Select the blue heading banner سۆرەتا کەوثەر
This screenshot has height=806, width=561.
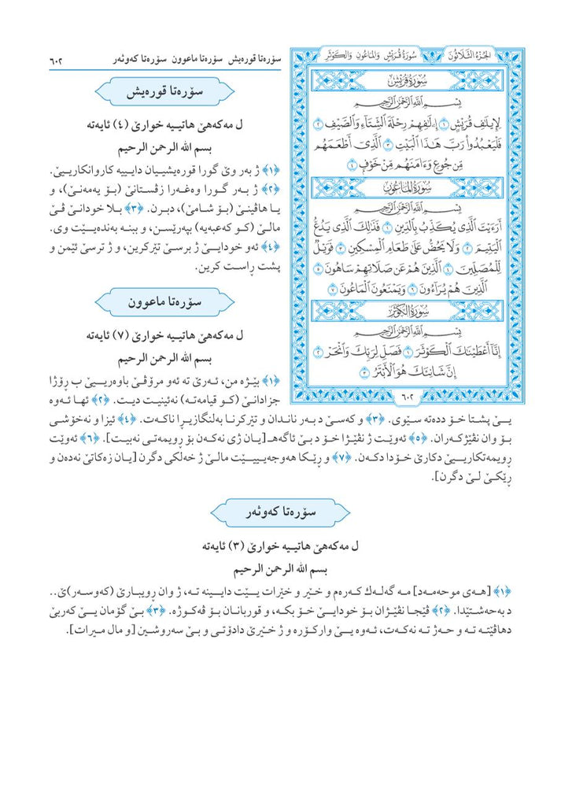click(280, 512)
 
